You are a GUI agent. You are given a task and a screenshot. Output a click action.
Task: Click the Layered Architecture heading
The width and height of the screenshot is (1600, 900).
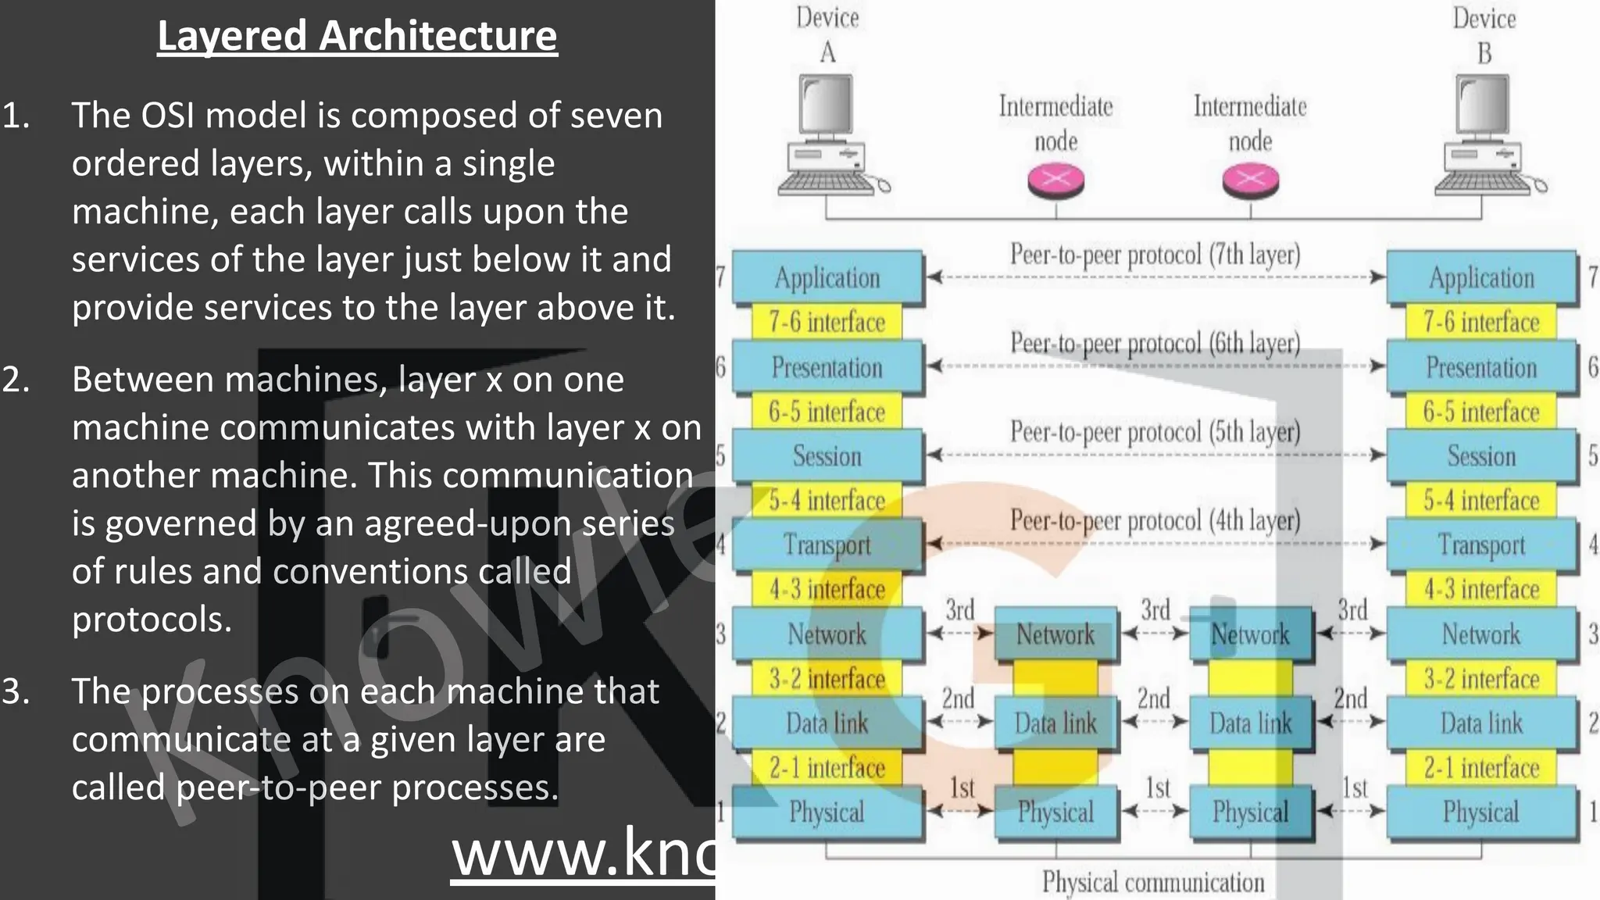(x=357, y=36)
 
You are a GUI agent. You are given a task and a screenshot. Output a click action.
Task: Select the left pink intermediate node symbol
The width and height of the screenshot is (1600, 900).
(x=1055, y=180)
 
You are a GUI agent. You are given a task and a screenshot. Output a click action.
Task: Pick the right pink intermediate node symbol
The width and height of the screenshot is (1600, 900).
(x=1250, y=180)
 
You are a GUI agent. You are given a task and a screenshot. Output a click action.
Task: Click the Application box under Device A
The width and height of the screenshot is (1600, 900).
(x=827, y=277)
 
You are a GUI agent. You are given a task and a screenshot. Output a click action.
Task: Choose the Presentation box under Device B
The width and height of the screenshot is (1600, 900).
(x=1481, y=367)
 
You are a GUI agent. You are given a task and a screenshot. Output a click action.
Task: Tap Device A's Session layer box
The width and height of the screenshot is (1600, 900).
(x=827, y=455)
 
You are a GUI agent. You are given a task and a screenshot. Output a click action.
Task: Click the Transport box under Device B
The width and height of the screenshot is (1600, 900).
(x=1481, y=545)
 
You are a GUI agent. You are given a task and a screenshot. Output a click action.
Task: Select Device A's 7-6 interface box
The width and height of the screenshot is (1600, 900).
(x=827, y=322)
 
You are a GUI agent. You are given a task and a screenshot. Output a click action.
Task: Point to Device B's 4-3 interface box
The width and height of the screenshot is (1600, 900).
(x=1481, y=589)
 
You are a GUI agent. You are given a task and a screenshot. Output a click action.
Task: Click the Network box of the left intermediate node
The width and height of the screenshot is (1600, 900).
(x=1055, y=634)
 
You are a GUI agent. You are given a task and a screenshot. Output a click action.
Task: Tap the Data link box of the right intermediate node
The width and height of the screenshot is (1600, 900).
(x=1250, y=723)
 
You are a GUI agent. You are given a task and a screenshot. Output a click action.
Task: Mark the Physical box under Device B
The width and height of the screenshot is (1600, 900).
(x=1481, y=812)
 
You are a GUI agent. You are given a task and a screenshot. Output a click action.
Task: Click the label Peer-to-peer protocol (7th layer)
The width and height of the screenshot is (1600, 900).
(x=1155, y=255)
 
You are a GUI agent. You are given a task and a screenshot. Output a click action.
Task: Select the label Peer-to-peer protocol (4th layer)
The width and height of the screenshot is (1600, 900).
(x=1155, y=521)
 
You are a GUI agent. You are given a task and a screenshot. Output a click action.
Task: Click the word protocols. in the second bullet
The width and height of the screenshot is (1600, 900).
(x=152, y=620)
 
